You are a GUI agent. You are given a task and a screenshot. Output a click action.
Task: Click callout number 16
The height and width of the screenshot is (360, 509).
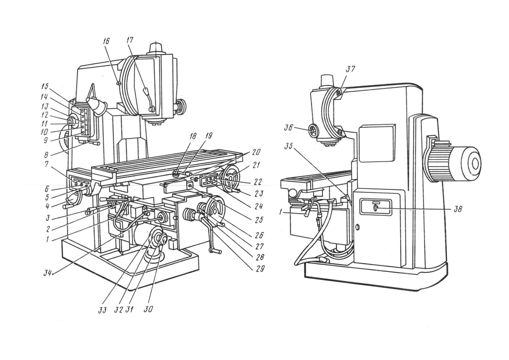106,42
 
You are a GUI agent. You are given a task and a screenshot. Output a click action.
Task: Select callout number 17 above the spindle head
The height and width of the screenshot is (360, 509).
130,42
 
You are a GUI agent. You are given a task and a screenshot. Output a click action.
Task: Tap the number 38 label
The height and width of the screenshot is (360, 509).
457,209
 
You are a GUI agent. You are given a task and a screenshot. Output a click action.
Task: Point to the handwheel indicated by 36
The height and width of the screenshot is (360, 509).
313,131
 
